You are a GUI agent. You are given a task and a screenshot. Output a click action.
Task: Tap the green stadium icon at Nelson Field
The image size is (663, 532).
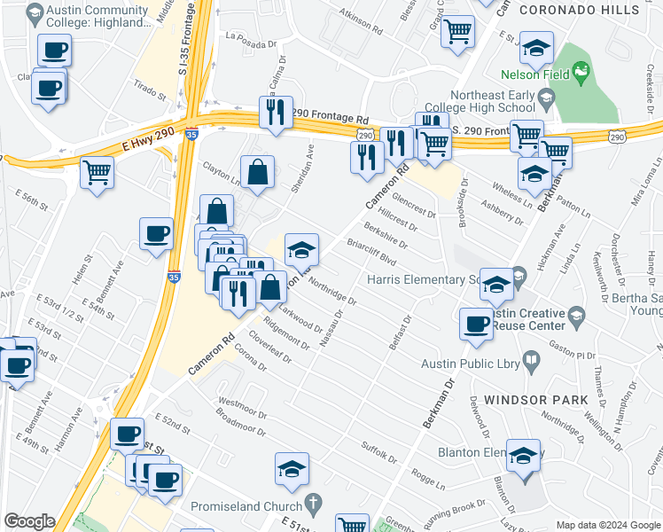581,69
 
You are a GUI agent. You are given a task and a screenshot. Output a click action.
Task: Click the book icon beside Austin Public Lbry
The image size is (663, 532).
531,360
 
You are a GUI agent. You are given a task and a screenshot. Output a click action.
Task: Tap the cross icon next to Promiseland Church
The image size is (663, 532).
312,505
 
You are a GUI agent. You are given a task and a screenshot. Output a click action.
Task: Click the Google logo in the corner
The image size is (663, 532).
29,521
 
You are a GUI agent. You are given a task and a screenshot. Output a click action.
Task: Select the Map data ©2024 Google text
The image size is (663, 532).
608,525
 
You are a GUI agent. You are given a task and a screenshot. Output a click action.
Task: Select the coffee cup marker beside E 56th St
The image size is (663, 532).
156,234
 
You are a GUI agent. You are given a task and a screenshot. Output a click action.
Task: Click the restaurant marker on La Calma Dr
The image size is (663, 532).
275,112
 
